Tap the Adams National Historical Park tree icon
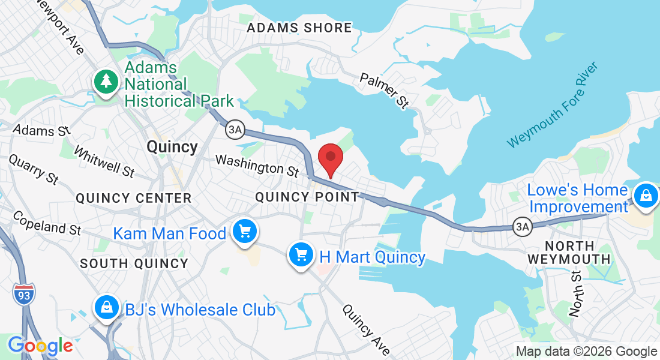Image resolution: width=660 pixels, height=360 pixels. [106, 82]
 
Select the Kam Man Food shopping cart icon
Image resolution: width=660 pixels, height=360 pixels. [244, 231]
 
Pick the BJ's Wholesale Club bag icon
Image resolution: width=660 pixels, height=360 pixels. [106, 308]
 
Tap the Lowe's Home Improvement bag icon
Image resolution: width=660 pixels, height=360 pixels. [646, 196]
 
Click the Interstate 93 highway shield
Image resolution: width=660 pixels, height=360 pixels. [23, 294]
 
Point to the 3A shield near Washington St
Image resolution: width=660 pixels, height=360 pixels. [233, 129]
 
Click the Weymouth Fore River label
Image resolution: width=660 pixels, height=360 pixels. [553, 105]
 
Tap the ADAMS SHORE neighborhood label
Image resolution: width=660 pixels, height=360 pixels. [299, 28]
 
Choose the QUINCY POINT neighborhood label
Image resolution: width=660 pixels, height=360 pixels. [307, 197]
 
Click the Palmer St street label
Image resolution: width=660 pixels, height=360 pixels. [384, 91]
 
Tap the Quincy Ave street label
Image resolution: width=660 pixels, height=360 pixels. [366, 329]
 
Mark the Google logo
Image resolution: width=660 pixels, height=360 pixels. [40, 346]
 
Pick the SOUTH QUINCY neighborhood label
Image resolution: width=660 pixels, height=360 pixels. [134, 263]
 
